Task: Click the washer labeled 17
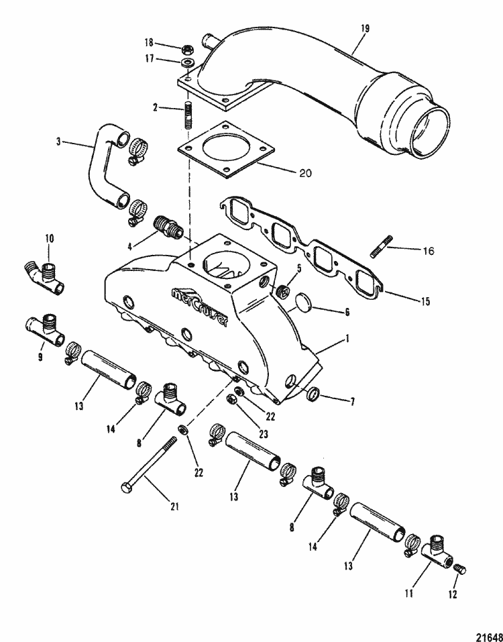[x=188, y=62]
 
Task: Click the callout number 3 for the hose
[x=59, y=142]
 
